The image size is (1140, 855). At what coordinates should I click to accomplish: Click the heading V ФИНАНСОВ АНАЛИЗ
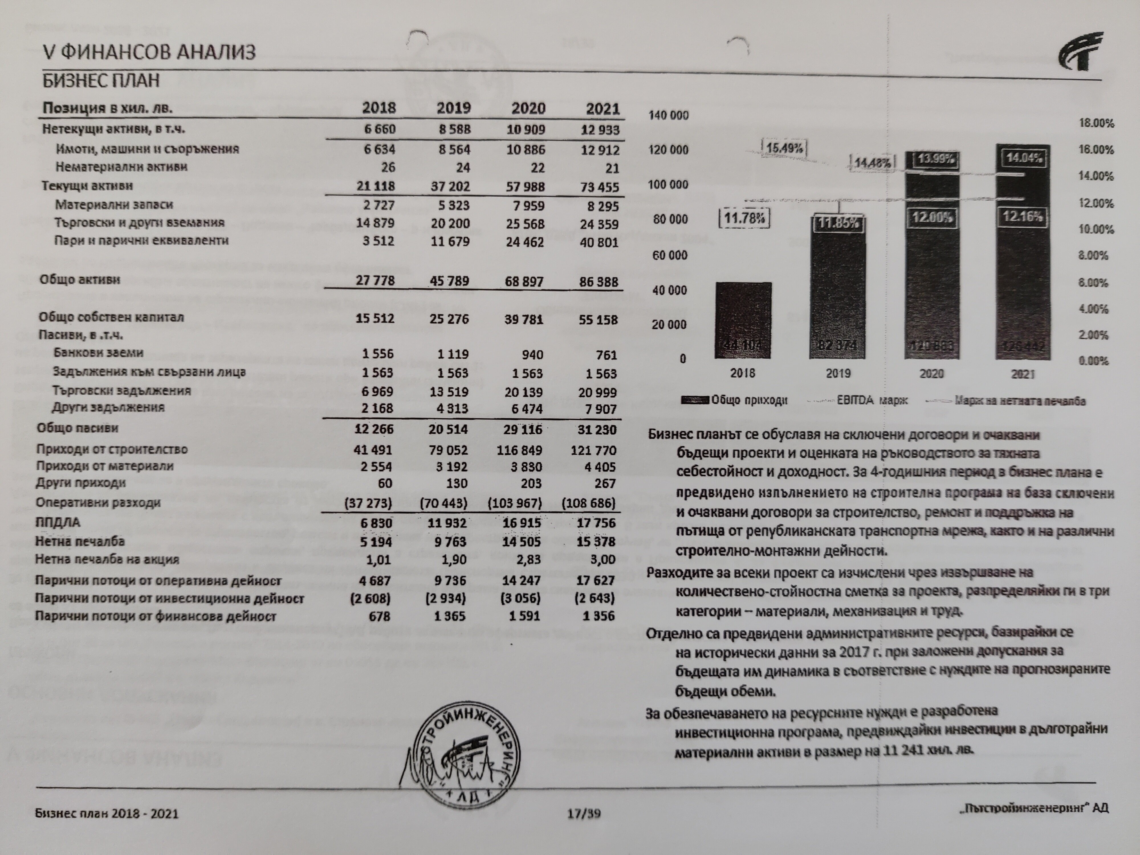point(149,52)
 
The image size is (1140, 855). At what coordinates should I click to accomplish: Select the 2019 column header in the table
point(453,108)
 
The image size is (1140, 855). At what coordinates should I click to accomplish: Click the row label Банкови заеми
point(98,353)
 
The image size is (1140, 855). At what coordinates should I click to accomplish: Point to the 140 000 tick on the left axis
point(668,115)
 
